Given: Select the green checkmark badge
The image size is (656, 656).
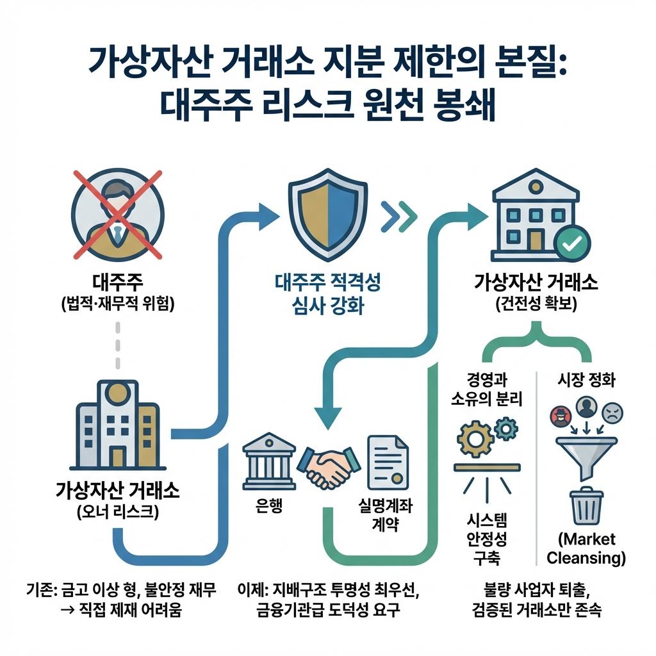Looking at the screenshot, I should point(571,244).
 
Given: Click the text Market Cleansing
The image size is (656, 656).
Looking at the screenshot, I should point(586,548).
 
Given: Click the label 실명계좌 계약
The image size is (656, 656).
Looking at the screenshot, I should point(386,516).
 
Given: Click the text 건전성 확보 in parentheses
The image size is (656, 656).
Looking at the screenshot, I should point(536,305).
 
